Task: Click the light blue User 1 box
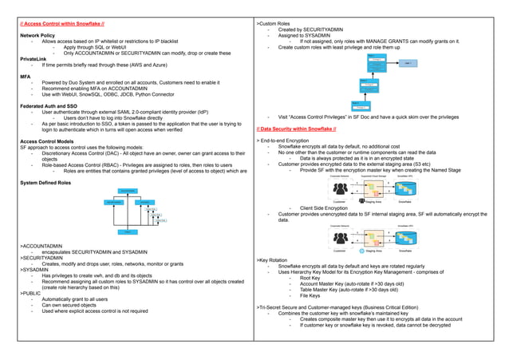408,62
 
